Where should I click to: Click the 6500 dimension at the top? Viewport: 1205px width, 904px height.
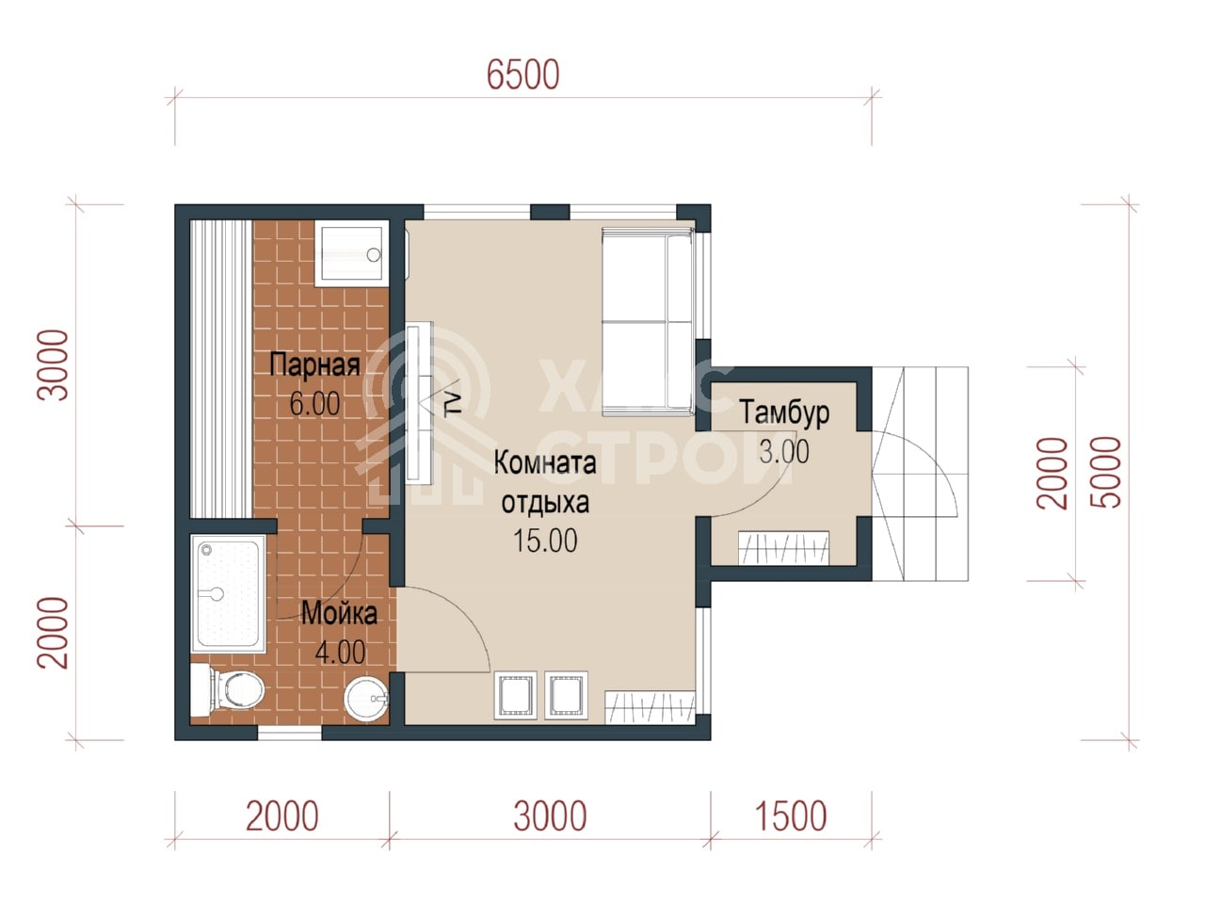pos(523,74)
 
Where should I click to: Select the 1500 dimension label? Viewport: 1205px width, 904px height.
pos(791,816)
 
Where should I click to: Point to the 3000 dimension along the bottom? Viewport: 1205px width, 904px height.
pos(550,816)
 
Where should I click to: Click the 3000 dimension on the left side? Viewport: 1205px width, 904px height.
pos(54,365)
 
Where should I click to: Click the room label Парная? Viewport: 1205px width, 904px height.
pos(315,364)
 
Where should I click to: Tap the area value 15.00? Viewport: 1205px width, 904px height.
pos(545,541)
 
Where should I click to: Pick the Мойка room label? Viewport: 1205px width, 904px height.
pos(340,614)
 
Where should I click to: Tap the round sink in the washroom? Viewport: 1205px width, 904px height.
pos(366,698)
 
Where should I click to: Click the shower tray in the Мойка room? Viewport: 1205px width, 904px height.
pos(228,593)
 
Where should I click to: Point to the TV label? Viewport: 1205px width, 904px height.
pos(453,404)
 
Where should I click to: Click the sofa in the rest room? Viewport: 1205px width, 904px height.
pos(648,322)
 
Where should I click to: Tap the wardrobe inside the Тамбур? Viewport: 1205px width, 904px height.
pos(783,548)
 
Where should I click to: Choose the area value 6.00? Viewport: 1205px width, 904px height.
pos(315,403)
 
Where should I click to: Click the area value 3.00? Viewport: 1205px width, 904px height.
pos(784,452)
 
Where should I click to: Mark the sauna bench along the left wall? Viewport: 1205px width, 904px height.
pos(221,368)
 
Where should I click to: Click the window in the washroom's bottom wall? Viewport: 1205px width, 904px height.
pos(290,733)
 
